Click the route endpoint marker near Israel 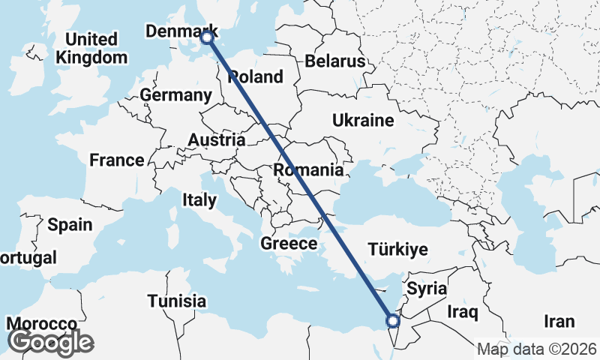pos(392,321)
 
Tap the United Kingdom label pos(91,48)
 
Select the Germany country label pos(176,95)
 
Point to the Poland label pos(256,76)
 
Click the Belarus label pos(334,61)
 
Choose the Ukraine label pos(363,120)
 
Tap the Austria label pos(216,140)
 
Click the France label pos(116,160)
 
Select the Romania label pos(307,170)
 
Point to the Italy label pos(199,199)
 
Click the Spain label pos(70,224)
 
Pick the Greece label pos(289,244)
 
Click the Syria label pos(427,289)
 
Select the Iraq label pos(463,310)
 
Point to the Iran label pos(559,322)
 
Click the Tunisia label pos(176,301)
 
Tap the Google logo pos(49,342)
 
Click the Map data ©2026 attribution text pos(536,349)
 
